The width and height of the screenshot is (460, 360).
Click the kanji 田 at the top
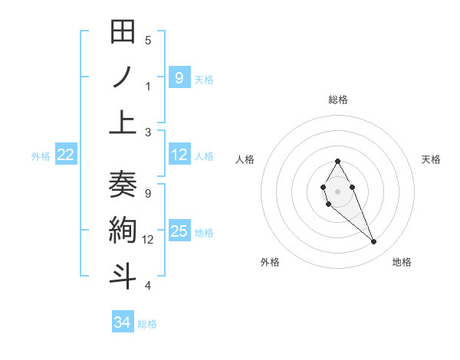pyautogui.click(x=123, y=32)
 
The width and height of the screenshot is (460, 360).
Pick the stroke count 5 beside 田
pyautogui.click(x=148, y=40)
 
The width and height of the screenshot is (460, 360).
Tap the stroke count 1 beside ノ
pyautogui.click(x=148, y=86)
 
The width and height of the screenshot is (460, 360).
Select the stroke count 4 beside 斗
pyautogui.click(x=148, y=286)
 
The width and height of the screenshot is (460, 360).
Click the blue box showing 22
pyautogui.click(x=66, y=155)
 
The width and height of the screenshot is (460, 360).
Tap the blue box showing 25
pyautogui.click(x=179, y=232)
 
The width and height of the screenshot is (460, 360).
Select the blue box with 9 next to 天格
pyautogui.click(x=179, y=77)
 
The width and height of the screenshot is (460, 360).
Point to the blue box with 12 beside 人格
pyautogui.click(x=179, y=155)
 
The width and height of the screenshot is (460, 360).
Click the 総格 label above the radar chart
pyautogui.click(x=338, y=100)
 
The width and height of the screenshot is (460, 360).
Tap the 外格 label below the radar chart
pyautogui.click(x=270, y=263)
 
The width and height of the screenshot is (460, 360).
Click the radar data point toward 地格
pyautogui.click(x=373, y=242)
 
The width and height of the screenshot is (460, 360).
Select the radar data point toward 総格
pyautogui.click(x=337, y=161)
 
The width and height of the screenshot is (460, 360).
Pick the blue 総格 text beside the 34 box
pyautogui.click(x=147, y=324)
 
